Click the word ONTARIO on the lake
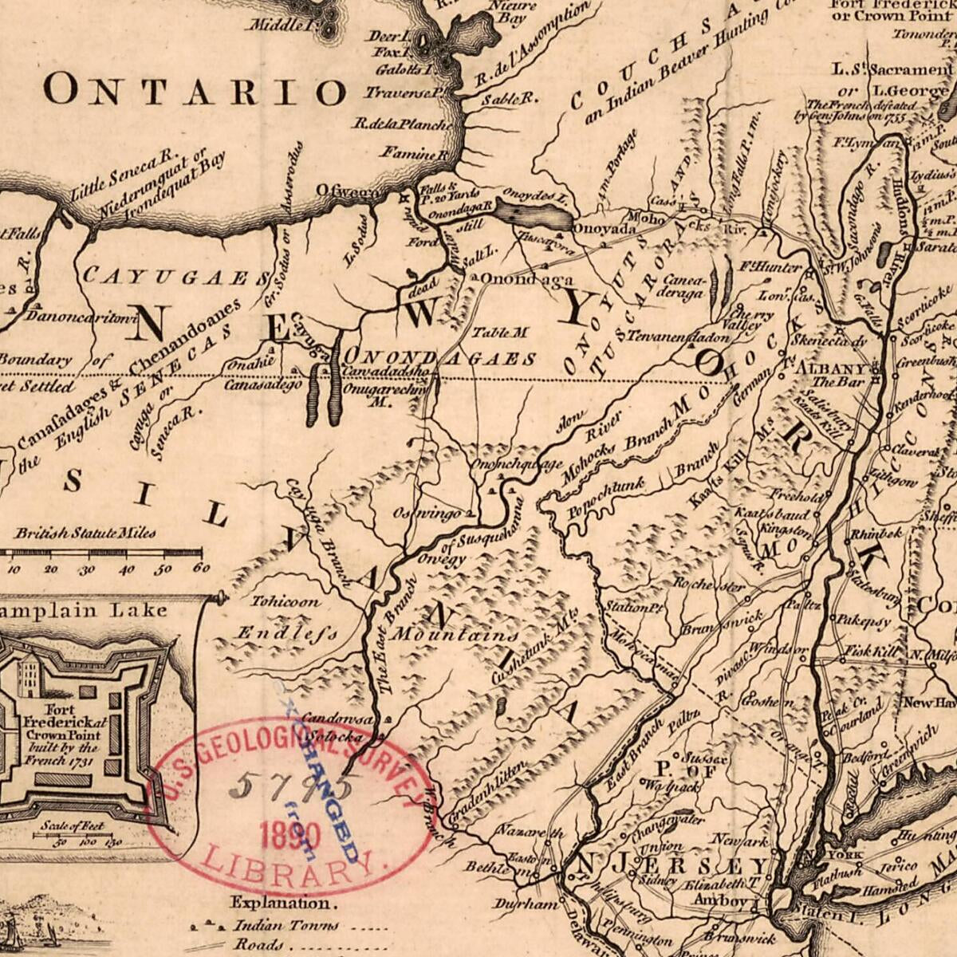[x=195, y=89]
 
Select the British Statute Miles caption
[x=85, y=534]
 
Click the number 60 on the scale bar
[x=201, y=569]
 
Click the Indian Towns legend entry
[x=286, y=926]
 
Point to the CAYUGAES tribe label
[x=175, y=277]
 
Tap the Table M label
[x=500, y=332]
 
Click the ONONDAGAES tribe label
[x=439, y=358]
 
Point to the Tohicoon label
[x=286, y=601]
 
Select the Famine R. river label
[x=413, y=152]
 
